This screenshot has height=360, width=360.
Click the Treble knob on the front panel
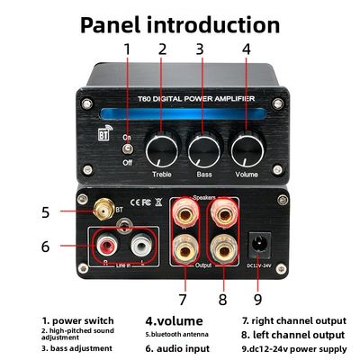(x=163, y=146)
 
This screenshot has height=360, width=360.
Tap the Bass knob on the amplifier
(x=204, y=146)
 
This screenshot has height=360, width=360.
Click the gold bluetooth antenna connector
(x=101, y=212)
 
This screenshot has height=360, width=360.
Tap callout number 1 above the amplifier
(x=127, y=51)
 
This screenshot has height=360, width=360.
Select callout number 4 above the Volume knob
(x=246, y=51)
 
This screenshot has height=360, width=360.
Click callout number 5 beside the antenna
(x=46, y=212)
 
